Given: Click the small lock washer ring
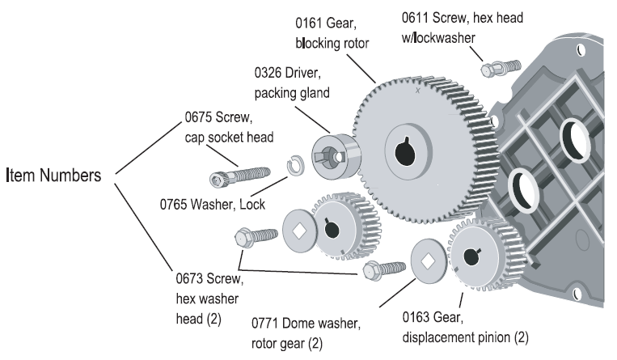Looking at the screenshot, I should click(296, 167).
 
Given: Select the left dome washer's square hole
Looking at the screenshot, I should click(298, 229).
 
